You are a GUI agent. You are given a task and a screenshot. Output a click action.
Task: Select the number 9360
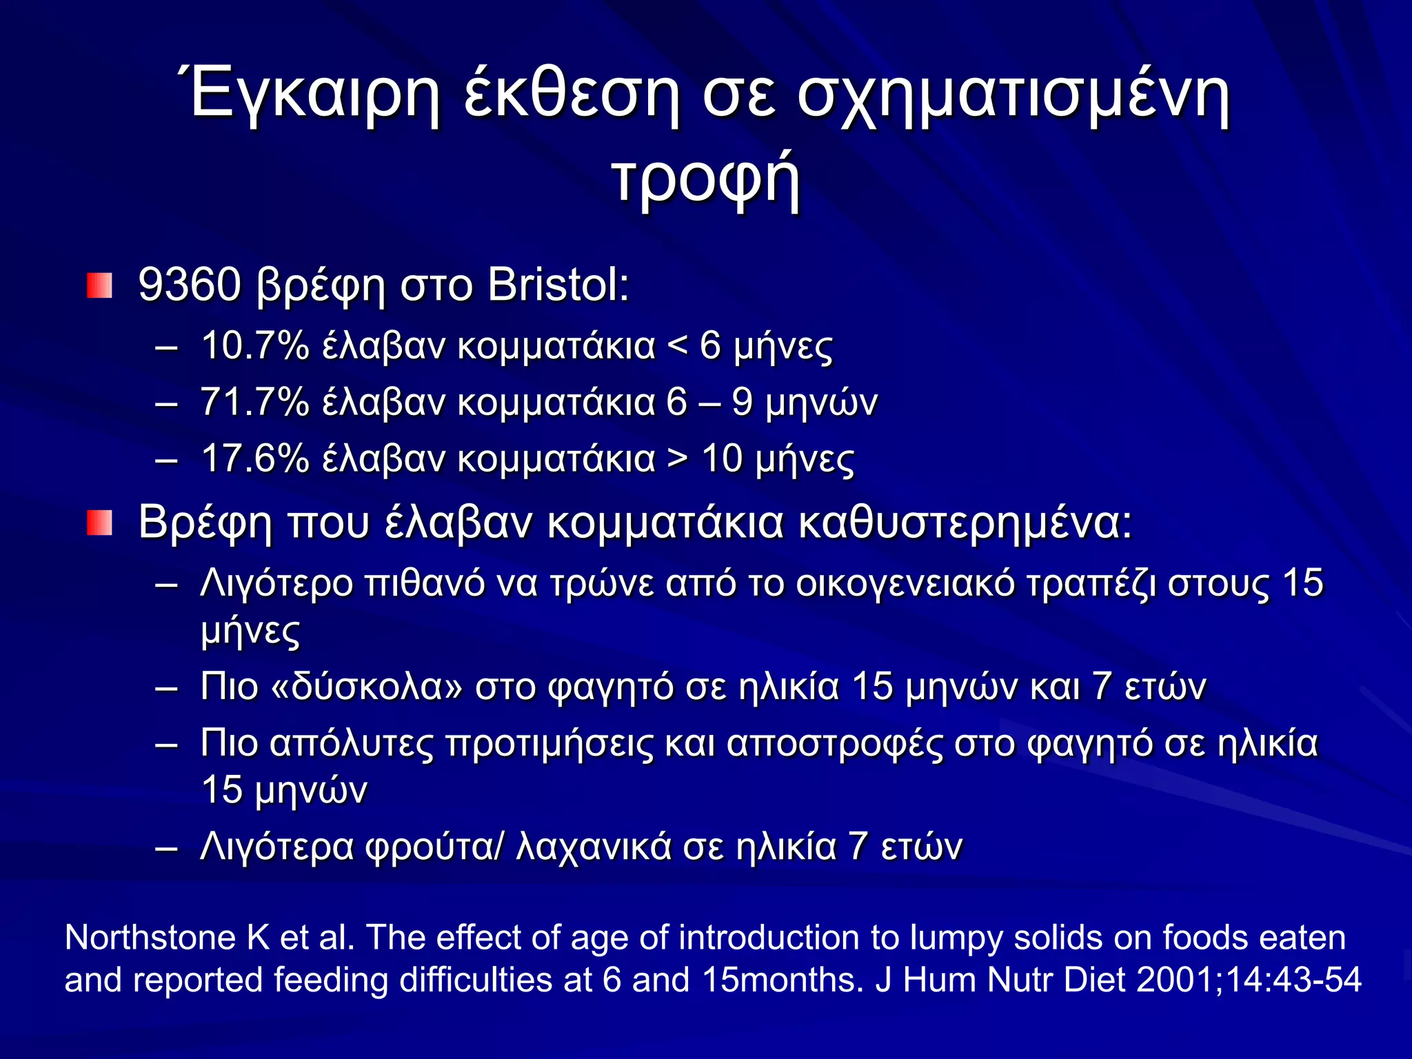click(x=189, y=284)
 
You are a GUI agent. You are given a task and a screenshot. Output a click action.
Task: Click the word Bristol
click(x=557, y=284)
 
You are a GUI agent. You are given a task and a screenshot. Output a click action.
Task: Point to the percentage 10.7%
click(x=255, y=345)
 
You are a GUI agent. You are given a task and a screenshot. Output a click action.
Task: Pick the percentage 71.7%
click(x=255, y=402)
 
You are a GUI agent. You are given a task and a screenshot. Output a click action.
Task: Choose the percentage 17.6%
click(x=255, y=458)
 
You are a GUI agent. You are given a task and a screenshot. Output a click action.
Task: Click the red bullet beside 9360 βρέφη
click(x=99, y=285)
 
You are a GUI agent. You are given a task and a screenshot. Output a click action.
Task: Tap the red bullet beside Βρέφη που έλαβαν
click(x=99, y=523)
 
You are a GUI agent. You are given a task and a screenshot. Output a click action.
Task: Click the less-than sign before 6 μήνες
click(x=678, y=347)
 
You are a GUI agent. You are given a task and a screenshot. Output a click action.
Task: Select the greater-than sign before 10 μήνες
click(x=678, y=460)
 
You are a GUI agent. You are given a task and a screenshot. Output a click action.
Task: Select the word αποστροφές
click(x=835, y=744)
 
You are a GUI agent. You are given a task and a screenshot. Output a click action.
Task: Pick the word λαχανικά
click(x=593, y=847)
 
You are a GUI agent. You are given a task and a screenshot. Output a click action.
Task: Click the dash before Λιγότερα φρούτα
click(x=167, y=848)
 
